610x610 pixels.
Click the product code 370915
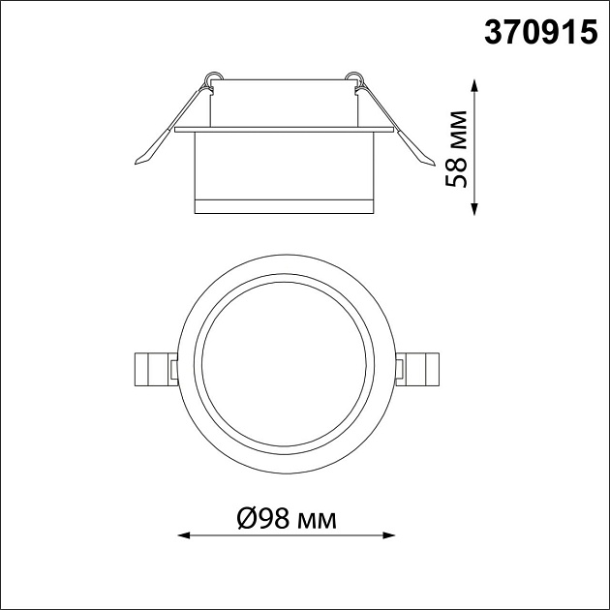point(540,32)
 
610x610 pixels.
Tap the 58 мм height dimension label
point(456,149)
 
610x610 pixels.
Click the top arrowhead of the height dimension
point(473,85)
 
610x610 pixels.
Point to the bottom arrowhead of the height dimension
point(473,209)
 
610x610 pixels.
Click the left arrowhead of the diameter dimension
point(184,535)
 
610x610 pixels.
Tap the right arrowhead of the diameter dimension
point(388,535)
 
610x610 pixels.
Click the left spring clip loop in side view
point(213,77)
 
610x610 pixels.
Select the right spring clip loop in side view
point(354,77)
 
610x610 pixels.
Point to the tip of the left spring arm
point(136,163)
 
